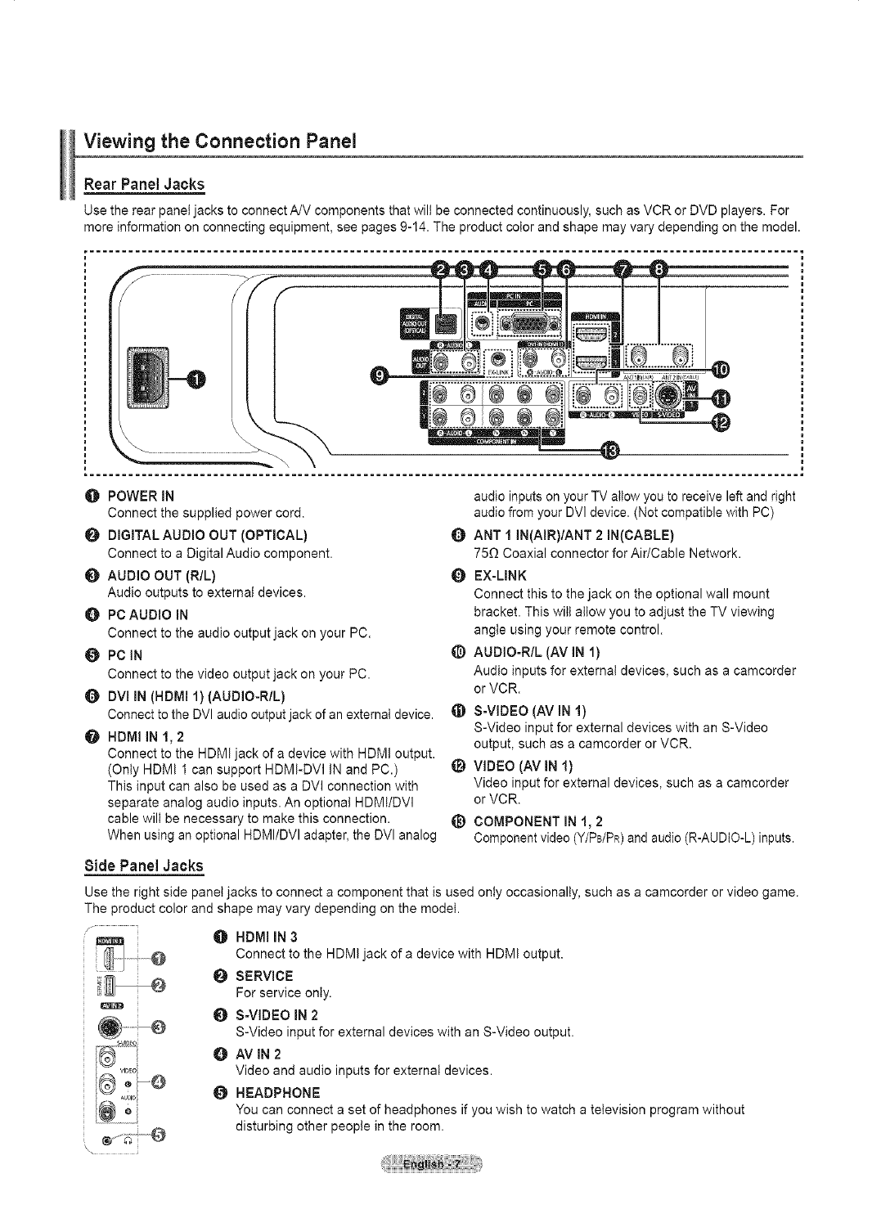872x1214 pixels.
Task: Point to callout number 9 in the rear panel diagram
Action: (379, 375)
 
